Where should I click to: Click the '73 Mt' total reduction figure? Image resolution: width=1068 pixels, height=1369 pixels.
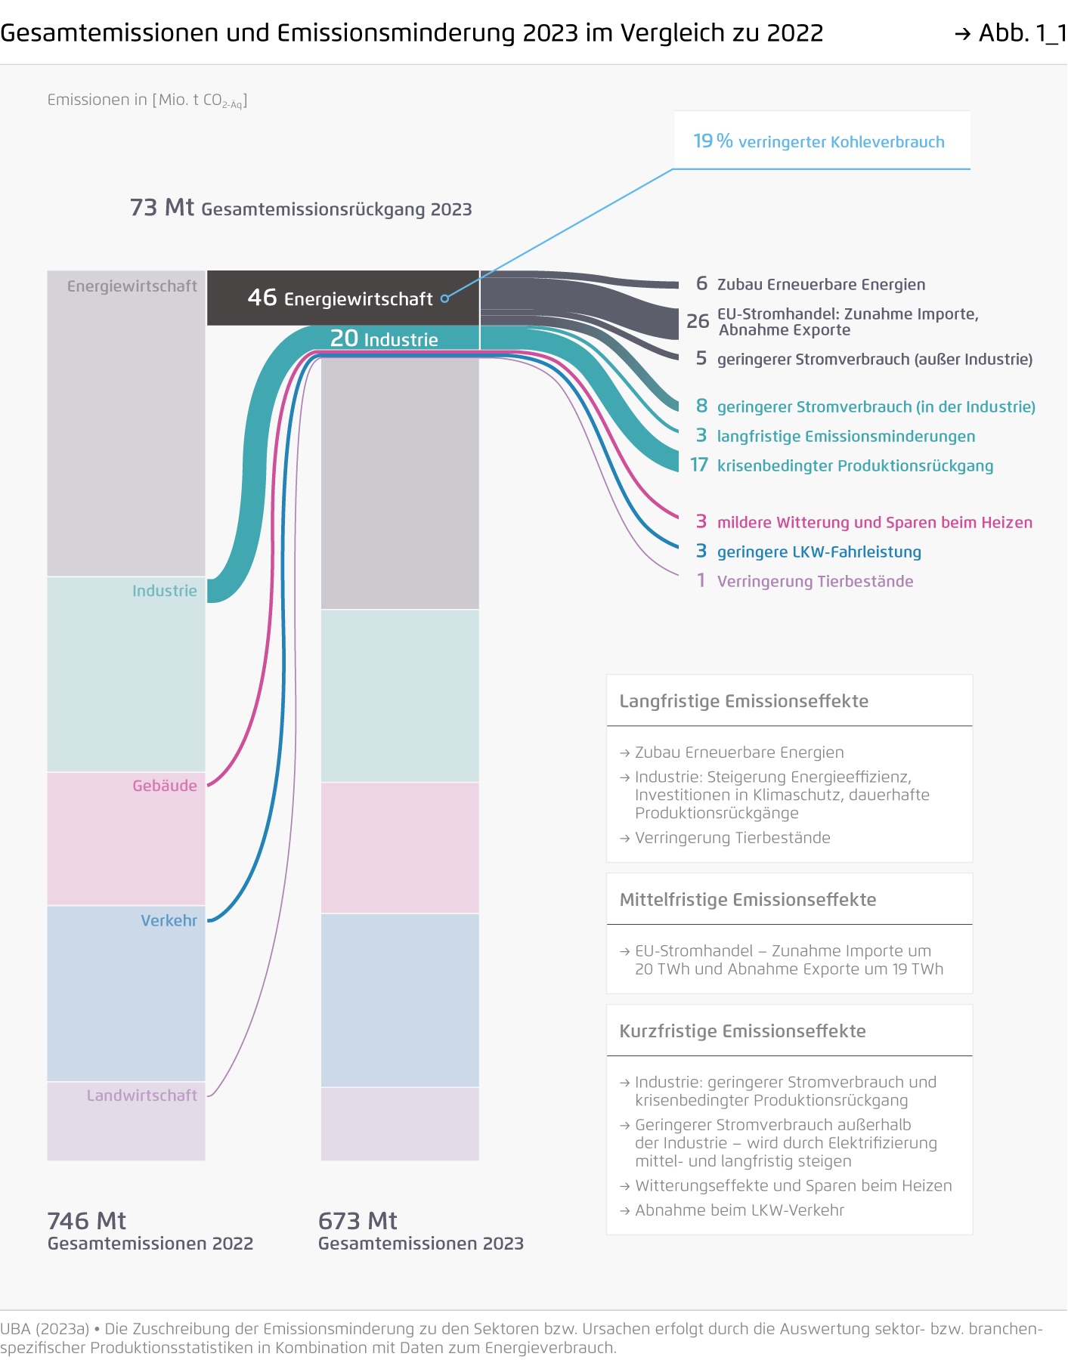(162, 207)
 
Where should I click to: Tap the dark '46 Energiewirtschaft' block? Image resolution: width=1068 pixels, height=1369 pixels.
(343, 298)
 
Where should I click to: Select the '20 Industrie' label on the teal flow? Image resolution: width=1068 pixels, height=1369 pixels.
(384, 338)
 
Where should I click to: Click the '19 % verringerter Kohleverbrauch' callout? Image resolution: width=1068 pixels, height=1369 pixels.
(819, 141)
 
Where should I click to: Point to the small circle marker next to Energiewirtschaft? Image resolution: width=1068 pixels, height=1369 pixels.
(445, 298)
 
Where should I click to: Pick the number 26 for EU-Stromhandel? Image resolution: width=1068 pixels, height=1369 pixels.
(698, 321)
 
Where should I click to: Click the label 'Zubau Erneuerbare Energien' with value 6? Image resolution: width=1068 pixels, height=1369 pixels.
(821, 285)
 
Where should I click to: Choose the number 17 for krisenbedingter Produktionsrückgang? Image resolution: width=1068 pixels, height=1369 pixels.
(699, 465)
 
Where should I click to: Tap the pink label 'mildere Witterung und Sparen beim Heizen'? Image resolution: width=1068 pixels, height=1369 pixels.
(875, 522)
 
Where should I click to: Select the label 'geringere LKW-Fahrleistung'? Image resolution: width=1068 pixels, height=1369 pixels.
(819, 552)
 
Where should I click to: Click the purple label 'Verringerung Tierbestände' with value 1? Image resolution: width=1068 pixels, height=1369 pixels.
(815, 581)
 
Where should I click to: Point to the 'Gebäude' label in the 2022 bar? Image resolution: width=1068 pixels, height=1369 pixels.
(165, 786)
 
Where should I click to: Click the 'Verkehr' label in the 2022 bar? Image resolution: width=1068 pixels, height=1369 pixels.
(169, 920)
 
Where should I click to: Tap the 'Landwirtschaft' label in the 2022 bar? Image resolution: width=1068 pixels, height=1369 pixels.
(141, 1096)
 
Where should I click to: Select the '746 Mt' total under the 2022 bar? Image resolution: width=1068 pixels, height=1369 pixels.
(86, 1221)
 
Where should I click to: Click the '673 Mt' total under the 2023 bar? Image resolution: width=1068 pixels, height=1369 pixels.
(358, 1221)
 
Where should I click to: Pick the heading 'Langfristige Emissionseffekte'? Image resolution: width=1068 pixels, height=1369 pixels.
(744, 701)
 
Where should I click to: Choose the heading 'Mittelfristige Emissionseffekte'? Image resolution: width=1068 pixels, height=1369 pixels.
(748, 900)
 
